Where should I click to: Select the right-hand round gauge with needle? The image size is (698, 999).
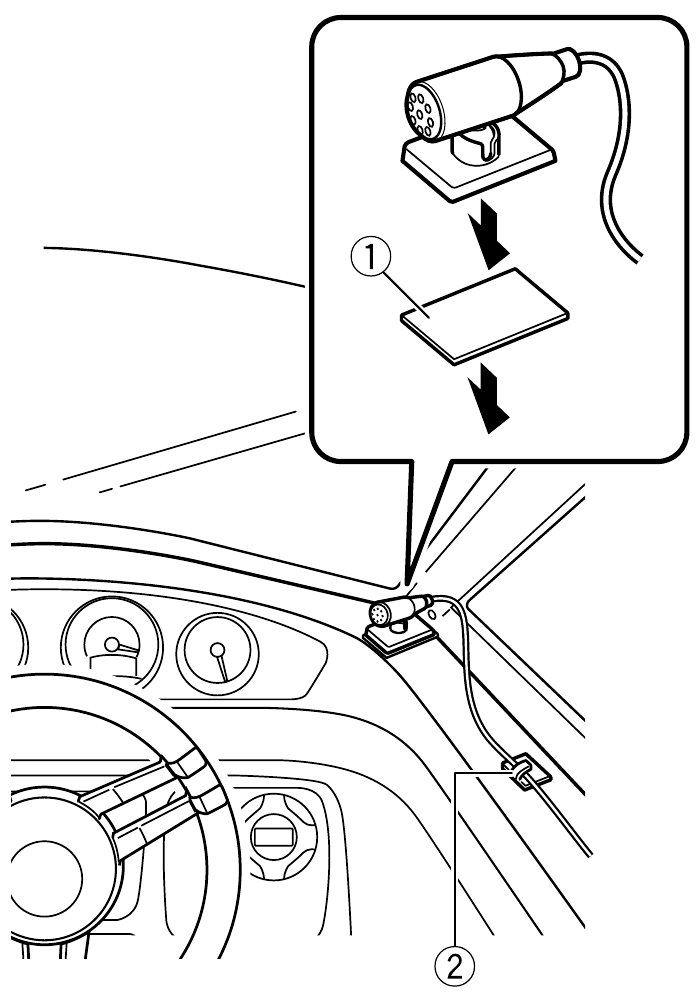(x=217, y=656)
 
